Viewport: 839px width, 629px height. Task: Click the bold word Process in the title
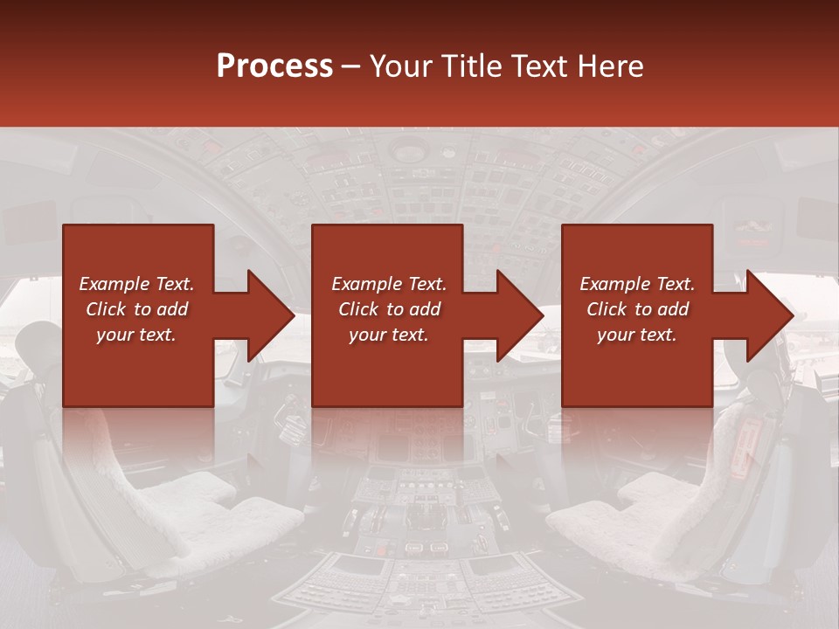point(274,66)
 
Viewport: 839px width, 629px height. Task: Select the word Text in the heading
point(537,66)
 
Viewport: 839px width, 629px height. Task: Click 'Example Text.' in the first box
point(136,284)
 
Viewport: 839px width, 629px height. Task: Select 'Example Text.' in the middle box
point(389,284)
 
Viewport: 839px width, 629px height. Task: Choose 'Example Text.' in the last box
point(637,284)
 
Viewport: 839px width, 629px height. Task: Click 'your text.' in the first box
point(136,335)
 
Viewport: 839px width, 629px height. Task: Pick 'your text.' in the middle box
point(389,335)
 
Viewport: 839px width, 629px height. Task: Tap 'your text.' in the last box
point(637,335)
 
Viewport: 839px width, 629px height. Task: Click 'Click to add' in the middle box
point(389,309)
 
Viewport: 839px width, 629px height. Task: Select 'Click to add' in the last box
point(637,309)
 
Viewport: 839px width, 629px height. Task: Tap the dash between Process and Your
point(351,66)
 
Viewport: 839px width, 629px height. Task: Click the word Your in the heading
point(401,66)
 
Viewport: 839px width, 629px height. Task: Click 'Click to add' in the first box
point(136,309)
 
